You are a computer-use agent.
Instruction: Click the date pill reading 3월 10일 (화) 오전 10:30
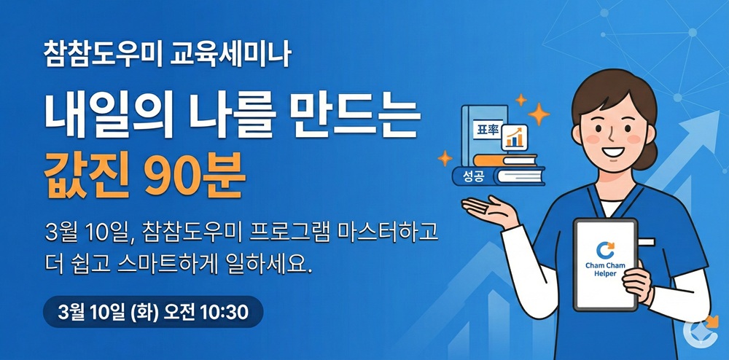pos(153,312)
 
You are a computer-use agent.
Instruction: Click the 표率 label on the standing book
pos(487,130)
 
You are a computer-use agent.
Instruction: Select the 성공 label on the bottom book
pos(472,176)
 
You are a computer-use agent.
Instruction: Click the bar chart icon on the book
pos(514,137)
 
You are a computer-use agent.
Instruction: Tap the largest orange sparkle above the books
pos(539,114)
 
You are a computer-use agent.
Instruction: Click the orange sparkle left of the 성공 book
pos(445,158)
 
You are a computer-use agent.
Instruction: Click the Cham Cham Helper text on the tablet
pos(605,270)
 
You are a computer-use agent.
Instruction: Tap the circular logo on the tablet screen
pos(605,249)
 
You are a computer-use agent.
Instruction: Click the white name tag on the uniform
pos(647,241)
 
